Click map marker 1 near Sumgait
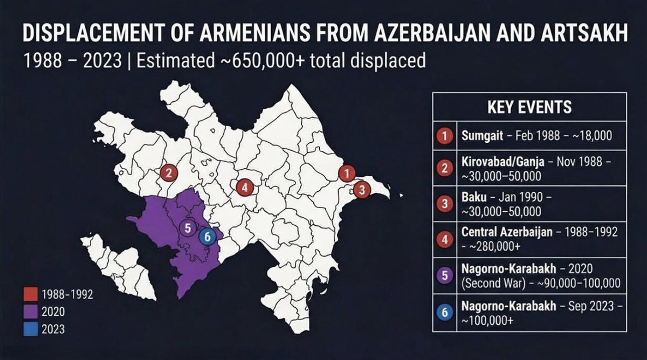click(x=346, y=174)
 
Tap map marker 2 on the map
click(x=169, y=173)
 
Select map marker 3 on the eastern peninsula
click(x=362, y=190)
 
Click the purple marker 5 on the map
click(x=187, y=227)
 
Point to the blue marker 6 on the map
click(x=205, y=236)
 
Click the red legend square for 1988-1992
click(x=31, y=294)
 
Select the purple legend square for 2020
click(x=31, y=311)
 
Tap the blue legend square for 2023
click(x=31, y=329)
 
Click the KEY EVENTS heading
click(x=529, y=107)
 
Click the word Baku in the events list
click(x=473, y=198)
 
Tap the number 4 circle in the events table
click(x=445, y=239)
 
